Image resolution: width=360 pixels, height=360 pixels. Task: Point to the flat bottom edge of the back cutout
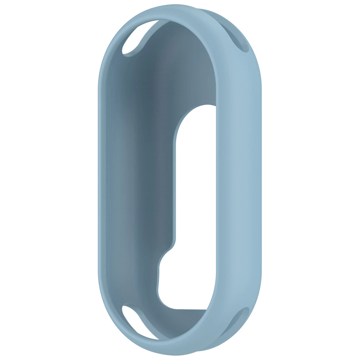[187, 309]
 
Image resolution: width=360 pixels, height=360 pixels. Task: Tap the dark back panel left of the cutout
[144, 180]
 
